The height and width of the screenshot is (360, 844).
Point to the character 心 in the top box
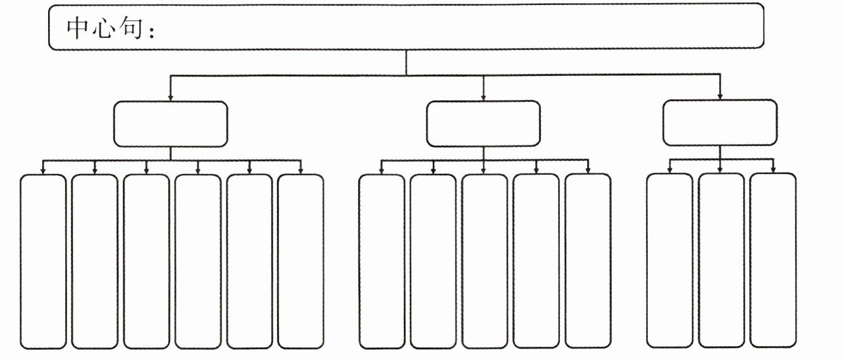[104, 28]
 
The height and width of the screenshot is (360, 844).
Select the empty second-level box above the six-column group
[170, 124]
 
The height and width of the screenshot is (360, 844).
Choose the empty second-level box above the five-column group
[483, 124]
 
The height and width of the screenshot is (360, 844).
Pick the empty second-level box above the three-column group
[720, 123]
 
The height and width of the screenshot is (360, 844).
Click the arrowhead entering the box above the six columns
[170, 97]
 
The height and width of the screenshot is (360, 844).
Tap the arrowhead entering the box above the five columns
[483, 97]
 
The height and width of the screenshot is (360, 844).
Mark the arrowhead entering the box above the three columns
[720, 96]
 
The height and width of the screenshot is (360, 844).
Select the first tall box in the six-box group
[43, 261]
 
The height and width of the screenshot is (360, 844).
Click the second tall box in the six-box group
[95, 261]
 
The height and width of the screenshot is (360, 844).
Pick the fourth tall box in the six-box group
[197, 261]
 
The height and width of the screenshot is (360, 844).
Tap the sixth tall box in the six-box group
[301, 261]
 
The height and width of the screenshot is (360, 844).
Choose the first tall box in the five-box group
[382, 261]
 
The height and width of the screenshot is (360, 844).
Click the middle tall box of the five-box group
[484, 261]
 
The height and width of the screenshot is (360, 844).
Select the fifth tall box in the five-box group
[588, 261]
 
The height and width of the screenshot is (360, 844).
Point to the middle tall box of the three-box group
[721, 259]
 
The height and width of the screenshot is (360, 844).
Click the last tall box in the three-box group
[773, 259]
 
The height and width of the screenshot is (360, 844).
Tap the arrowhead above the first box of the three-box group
[670, 170]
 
